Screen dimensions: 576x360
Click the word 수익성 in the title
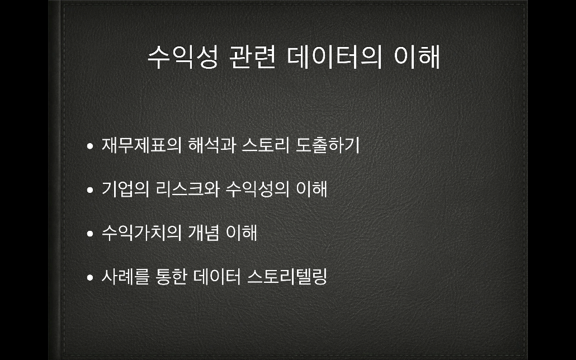tap(183, 58)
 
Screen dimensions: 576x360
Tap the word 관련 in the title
tap(252, 58)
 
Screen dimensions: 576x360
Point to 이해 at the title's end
tap(417, 58)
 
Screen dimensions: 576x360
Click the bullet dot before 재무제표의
tap(90, 146)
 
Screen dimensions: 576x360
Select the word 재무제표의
tap(142, 145)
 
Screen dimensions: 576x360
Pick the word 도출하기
tap(328, 145)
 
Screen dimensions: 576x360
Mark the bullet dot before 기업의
tap(90, 190)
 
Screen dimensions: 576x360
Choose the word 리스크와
tap(187, 189)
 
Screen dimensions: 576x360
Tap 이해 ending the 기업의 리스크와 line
tap(311, 189)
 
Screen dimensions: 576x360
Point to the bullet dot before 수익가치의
tap(90, 234)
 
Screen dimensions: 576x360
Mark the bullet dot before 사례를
tap(90, 278)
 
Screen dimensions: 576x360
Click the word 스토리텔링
tap(287, 277)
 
